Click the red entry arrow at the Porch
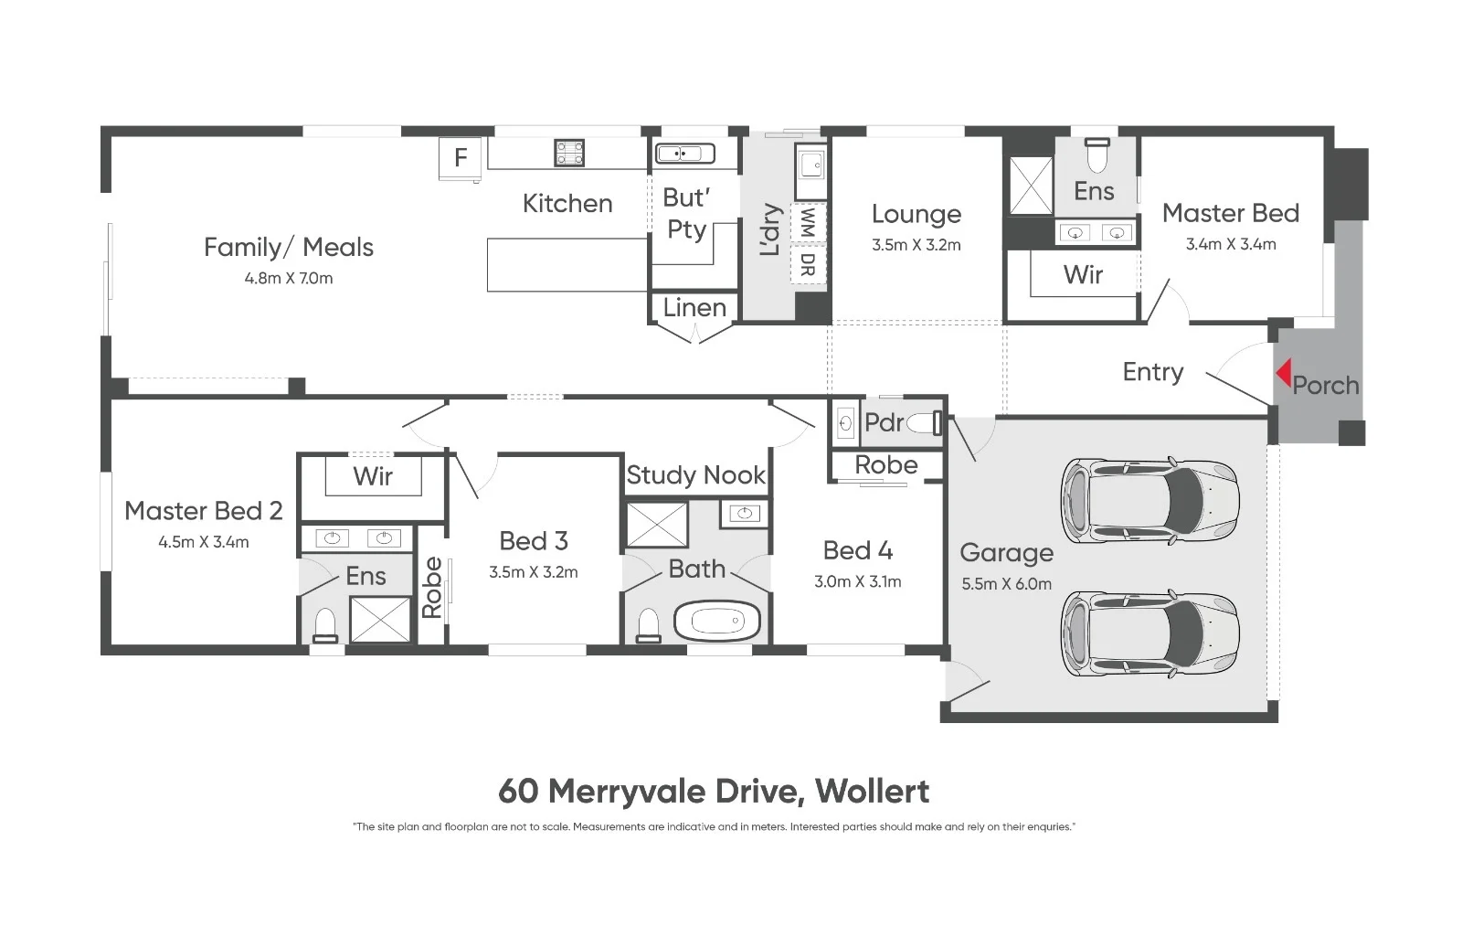(x=1283, y=373)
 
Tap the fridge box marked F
(x=461, y=158)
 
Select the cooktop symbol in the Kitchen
(x=569, y=153)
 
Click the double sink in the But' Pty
(x=684, y=154)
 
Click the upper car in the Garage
(x=1149, y=501)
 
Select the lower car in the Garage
(x=1149, y=633)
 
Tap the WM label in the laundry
(x=807, y=222)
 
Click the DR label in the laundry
(x=807, y=265)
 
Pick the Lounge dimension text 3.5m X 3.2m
(x=916, y=245)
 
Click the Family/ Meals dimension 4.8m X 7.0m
(x=289, y=278)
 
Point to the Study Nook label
(x=695, y=475)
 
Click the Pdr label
(x=884, y=422)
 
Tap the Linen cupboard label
(x=694, y=308)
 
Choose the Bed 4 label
(x=857, y=550)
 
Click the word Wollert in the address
(x=872, y=791)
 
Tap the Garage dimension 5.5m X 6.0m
(x=1006, y=584)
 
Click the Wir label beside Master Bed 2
(x=373, y=475)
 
